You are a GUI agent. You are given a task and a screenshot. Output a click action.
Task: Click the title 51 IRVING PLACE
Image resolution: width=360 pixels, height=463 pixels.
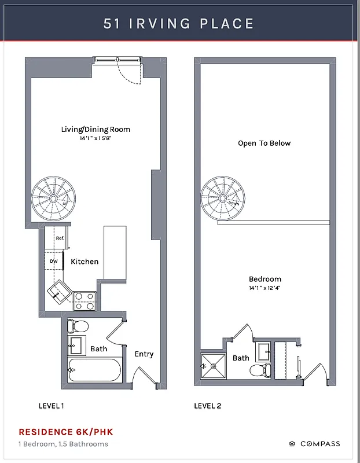179,24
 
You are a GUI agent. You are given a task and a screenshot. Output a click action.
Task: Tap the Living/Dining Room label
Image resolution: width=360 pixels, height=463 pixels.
95,129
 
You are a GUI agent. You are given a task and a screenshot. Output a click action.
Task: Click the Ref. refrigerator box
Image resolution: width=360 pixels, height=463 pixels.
58,237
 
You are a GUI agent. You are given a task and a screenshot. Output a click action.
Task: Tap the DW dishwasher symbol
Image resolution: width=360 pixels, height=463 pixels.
54,261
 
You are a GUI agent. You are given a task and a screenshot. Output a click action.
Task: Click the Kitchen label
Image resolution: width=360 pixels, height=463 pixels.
85,262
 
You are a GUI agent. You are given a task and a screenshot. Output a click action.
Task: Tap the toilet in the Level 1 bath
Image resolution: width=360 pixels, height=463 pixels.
77,326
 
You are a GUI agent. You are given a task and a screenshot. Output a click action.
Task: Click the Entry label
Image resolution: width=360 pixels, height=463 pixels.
144,354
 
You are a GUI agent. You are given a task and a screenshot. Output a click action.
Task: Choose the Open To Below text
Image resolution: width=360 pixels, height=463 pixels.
264,143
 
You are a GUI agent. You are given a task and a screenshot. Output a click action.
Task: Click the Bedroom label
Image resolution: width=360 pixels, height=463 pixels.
265,278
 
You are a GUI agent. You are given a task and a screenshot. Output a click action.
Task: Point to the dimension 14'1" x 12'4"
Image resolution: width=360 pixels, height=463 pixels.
265,288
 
